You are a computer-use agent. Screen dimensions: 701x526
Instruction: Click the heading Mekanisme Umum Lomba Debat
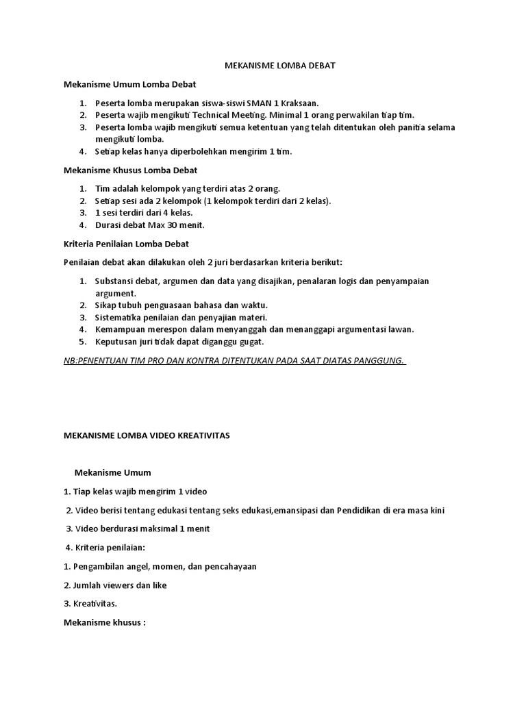tap(129, 84)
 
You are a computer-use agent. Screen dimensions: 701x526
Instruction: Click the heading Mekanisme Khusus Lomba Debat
tap(130, 170)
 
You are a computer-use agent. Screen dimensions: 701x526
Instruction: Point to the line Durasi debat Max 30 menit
tap(149, 225)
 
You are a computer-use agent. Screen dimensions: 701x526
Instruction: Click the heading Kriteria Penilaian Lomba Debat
tap(126, 244)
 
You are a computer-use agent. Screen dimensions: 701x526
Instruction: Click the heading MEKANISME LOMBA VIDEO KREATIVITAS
tap(147, 435)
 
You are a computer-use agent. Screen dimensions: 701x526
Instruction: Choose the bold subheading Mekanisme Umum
tap(112, 472)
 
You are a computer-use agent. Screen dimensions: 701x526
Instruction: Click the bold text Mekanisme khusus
tap(105, 623)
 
